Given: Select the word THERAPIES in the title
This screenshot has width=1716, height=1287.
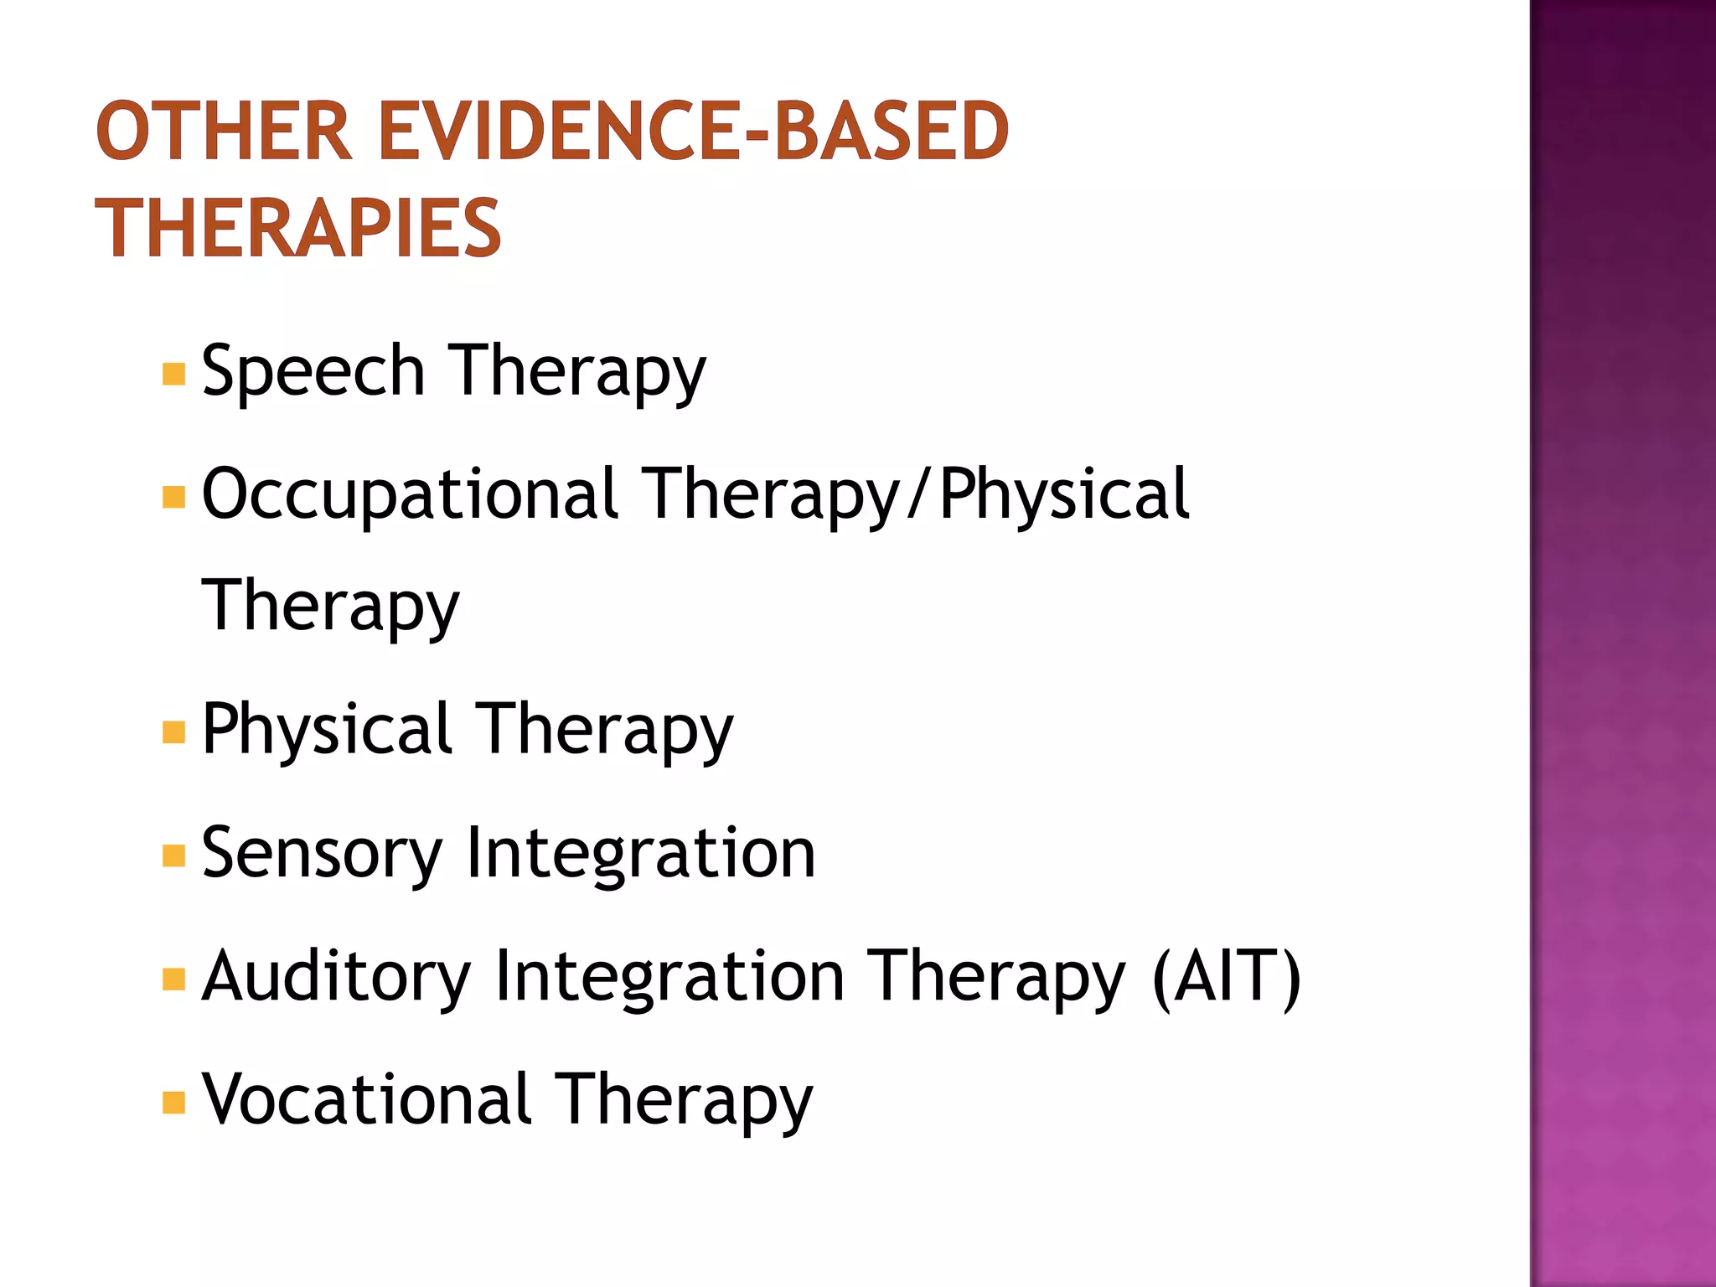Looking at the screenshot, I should point(298,228).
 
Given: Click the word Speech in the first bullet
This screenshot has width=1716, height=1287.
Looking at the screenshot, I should point(313,371).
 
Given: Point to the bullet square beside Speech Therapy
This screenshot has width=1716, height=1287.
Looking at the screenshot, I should point(173,374).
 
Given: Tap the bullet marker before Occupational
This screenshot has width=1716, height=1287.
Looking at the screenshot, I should point(173,497).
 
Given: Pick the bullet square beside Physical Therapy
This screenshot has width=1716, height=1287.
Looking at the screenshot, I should point(173,732).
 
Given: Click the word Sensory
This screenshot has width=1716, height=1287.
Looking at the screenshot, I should point(322,853).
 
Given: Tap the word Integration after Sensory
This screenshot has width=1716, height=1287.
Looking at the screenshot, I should point(640,853).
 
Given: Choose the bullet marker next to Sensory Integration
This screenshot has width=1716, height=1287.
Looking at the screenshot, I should point(173,855).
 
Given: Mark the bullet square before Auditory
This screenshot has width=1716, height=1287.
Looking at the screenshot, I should point(173,979).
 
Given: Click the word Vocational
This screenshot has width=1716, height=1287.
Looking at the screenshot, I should point(367,1099).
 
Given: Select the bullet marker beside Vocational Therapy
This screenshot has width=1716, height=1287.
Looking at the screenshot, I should point(173,1102).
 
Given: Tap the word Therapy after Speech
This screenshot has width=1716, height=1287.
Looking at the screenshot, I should point(578,371).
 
